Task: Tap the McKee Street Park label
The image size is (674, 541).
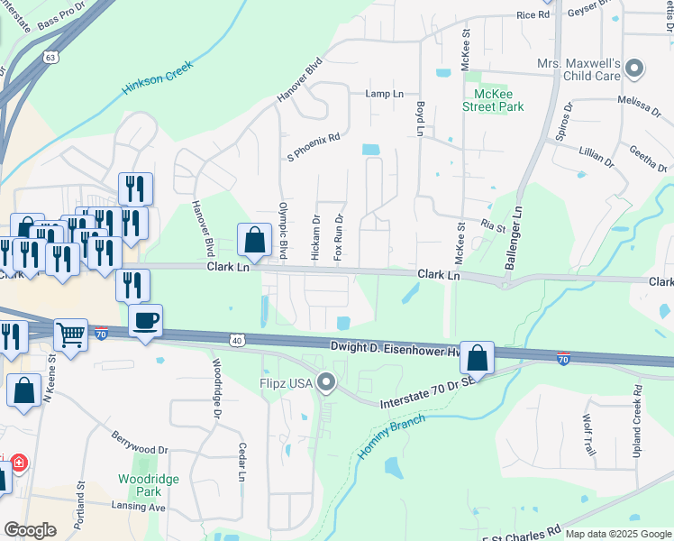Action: (x=493, y=99)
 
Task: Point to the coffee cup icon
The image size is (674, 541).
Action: (x=146, y=320)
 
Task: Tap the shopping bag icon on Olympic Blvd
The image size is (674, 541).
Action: (x=255, y=239)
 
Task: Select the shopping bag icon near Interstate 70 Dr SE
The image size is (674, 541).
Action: (x=478, y=357)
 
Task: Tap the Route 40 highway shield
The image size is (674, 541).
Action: (x=236, y=341)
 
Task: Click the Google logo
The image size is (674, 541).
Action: (x=29, y=530)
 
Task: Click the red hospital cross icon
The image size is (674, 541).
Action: (x=18, y=465)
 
